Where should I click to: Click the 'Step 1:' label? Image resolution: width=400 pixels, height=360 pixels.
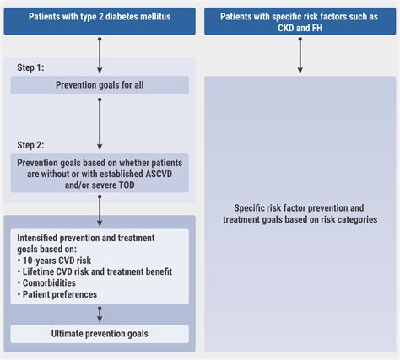30,67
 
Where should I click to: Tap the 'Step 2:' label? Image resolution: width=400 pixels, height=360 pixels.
30,145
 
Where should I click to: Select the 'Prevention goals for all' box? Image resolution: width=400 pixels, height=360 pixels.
100,85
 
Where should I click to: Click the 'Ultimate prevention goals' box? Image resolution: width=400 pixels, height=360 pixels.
100,334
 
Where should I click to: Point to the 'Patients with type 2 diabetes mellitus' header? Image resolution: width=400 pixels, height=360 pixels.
100,21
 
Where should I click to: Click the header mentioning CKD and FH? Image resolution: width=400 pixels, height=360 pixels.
300,21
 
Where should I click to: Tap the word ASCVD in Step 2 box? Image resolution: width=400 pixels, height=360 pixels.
159,174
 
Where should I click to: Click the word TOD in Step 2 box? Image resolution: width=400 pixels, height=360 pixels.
127,185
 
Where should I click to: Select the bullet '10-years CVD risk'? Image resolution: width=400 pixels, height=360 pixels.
54,261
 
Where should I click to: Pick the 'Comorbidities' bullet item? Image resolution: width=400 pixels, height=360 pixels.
46,283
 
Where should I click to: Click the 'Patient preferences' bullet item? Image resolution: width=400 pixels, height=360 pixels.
57,294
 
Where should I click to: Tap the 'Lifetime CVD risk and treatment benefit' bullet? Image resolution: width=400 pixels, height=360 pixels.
95,271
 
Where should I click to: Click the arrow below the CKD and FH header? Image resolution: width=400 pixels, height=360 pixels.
300,56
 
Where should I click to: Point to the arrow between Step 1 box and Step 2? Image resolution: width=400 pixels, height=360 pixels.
100,124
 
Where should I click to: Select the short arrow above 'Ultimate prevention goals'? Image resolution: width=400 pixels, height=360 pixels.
100,314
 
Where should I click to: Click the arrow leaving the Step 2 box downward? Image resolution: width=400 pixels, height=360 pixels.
100,211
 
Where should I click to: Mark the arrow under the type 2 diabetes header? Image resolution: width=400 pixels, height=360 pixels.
100,56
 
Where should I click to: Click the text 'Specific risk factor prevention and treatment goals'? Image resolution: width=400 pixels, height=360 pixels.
300,213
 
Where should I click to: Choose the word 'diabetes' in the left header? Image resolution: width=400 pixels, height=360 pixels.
122,17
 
